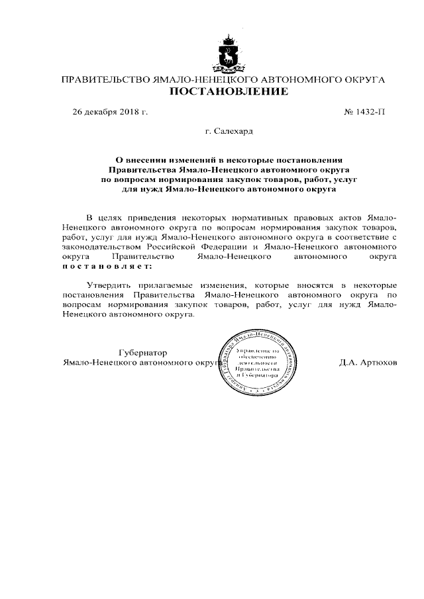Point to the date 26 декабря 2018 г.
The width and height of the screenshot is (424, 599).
tap(110, 111)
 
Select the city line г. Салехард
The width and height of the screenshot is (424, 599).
tap(229, 132)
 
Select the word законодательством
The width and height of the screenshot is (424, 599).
tap(100, 245)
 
